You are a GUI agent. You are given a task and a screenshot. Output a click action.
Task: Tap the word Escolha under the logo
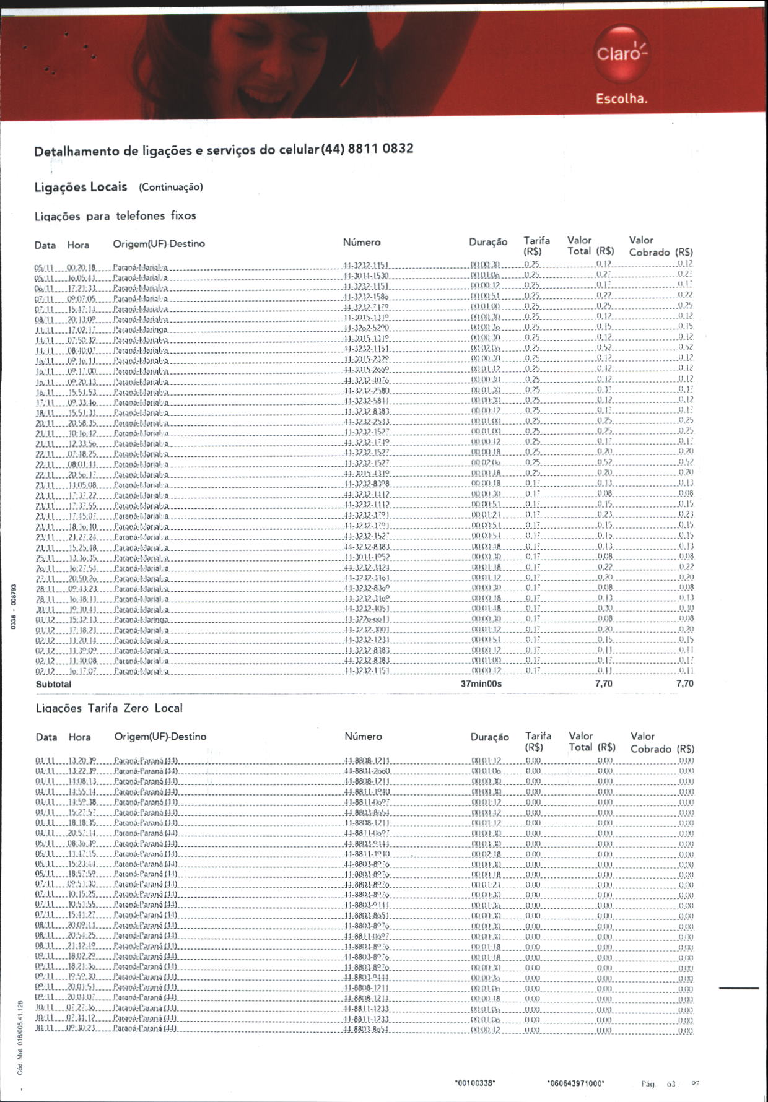tap(621, 99)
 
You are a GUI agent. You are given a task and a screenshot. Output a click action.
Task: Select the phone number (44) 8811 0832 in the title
tap(367, 149)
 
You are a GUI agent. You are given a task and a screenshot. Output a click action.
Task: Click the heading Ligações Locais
tap(81, 187)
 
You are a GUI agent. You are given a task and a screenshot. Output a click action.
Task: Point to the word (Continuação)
tap(171, 187)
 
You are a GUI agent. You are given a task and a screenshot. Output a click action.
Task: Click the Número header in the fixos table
tap(362, 242)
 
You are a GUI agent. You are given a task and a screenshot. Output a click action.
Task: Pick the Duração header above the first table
tap(488, 242)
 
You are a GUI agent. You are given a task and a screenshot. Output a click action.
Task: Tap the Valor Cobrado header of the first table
tap(660, 246)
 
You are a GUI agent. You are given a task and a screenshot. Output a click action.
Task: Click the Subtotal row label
tap(53, 684)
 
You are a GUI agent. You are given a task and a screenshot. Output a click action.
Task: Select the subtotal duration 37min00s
tap(481, 684)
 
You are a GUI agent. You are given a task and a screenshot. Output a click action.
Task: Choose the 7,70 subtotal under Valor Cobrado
tap(684, 683)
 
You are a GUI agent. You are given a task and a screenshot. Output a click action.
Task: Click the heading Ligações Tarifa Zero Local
tap(109, 708)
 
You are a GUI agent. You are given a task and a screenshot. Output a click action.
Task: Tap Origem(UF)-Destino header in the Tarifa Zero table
tap(160, 737)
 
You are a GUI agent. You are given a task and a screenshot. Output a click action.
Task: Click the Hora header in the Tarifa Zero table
tap(79, 737)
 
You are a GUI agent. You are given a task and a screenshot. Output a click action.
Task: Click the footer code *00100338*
tap(475, 1083)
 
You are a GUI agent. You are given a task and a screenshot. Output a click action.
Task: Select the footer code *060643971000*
tap(575, 1083)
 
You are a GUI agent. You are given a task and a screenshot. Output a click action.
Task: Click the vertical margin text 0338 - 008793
tap(13, 607)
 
